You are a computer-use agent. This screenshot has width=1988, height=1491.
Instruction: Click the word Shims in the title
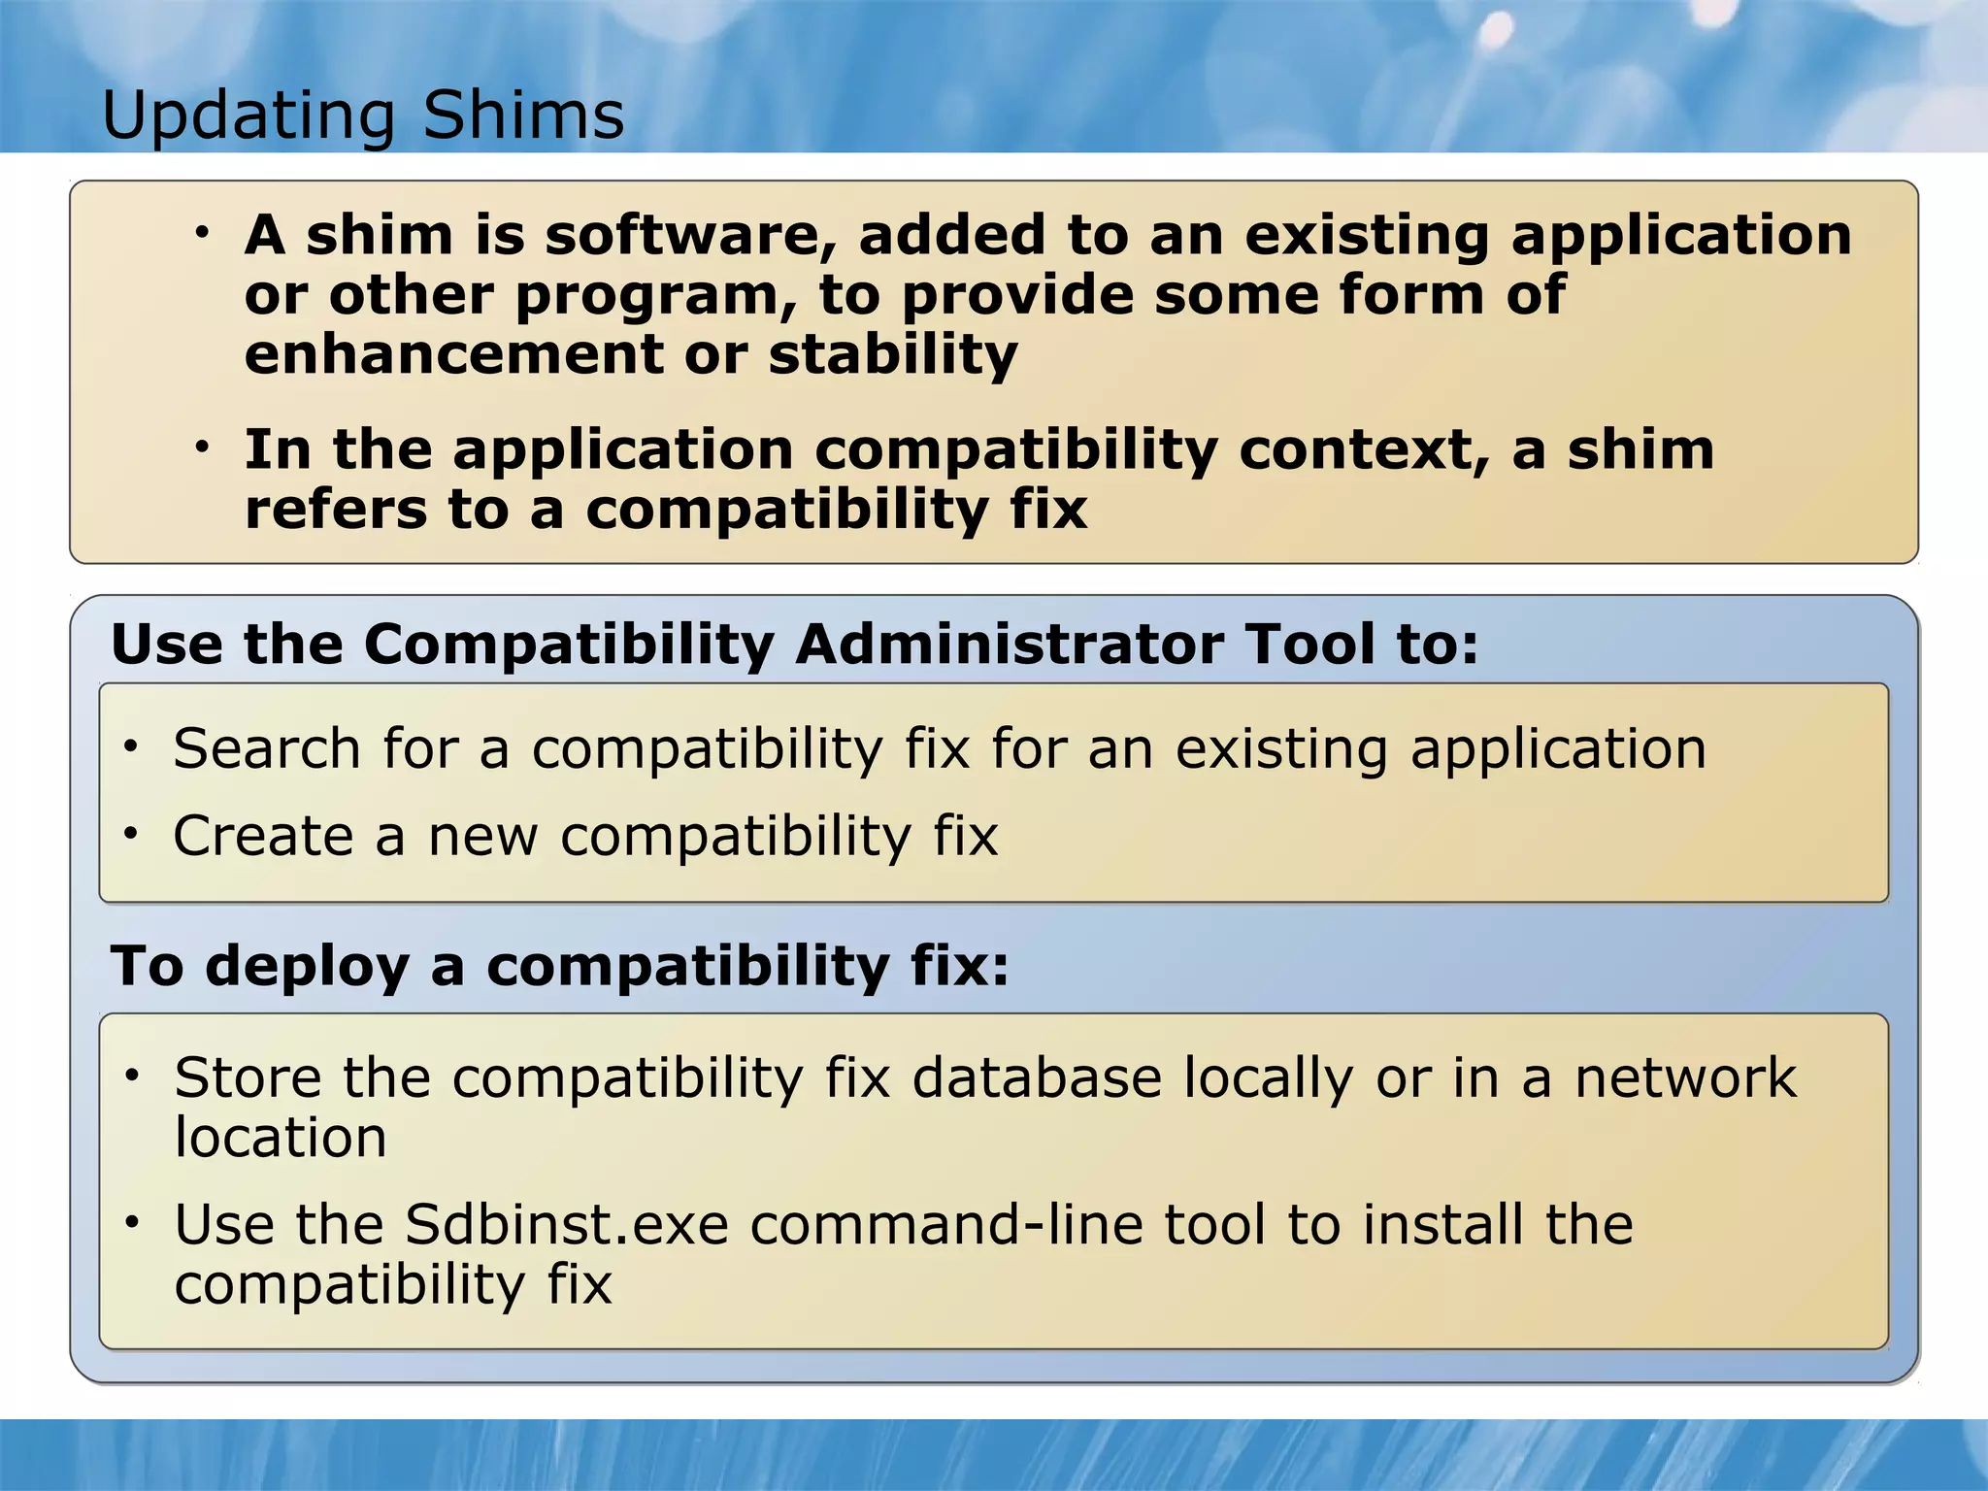(523, 116)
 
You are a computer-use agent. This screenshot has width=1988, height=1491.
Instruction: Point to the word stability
(893, 356)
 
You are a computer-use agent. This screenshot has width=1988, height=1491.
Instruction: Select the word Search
(267, 748)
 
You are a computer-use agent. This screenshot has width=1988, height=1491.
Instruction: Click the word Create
(263, 836)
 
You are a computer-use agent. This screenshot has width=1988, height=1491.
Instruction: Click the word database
(1037, 1078)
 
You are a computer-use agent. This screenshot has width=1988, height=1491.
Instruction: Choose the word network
(1685, 1078)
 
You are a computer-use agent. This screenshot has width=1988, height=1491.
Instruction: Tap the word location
(281, 1138)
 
